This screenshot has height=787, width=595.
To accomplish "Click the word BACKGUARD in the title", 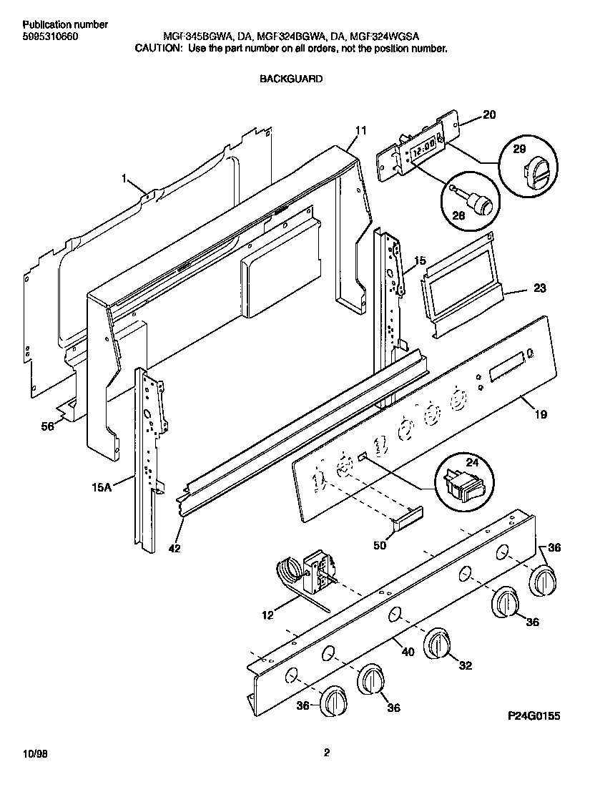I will (290, 79).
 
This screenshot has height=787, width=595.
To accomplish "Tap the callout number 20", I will (488, 114).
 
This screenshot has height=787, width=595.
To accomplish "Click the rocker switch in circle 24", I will (460, 485).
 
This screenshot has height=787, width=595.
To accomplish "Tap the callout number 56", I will (47, 426).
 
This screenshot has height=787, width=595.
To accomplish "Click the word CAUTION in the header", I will (159, 49).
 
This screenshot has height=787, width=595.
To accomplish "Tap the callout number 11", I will (361, 130).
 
